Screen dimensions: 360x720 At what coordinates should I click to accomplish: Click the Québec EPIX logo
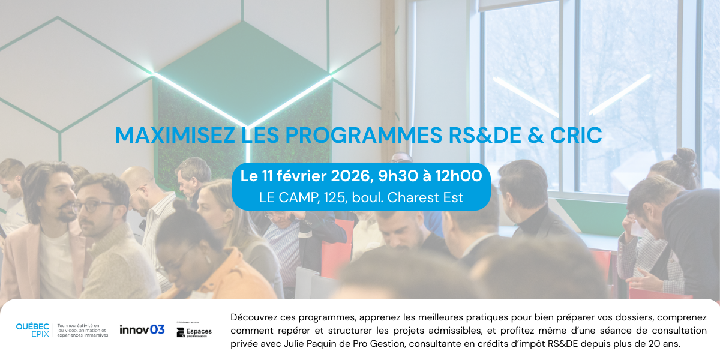32,330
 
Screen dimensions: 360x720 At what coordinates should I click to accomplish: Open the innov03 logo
142,329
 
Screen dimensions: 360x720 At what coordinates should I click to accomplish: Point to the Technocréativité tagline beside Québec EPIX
82,330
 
